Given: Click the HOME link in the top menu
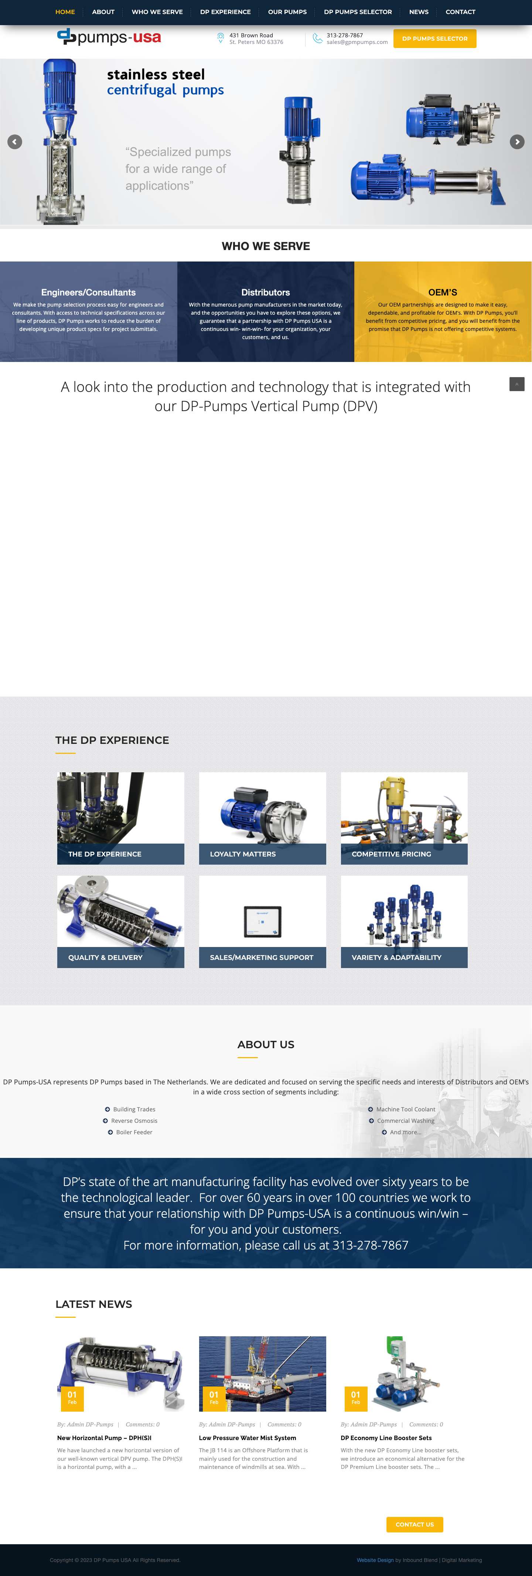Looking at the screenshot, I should pyautogui.click(x=65, y=11).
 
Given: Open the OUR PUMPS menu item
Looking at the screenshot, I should pyautogui.click(x=287, y=11).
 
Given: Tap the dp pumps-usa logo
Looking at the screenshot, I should pyautogui.click(x=109, y=37).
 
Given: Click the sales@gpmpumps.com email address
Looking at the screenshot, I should pyautogui.click(x=357, y=42).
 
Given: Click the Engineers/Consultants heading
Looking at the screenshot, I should pyautogui.click(x=88, y=293).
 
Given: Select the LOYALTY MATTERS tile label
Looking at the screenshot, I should pyautogui.click(x=242, y=854).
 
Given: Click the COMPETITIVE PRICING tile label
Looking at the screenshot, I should pyautogui.click(x=391, y=854).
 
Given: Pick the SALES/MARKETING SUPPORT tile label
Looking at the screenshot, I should pyautogui.click(x=262, y=957).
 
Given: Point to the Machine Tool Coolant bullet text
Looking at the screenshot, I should pyautogui.click(x=405, y=1109).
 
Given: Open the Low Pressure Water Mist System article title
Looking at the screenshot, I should pyautogui.click(x=247, y=1438).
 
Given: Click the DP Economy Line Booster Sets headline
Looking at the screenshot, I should pyautogui.click(x=386, y=1438).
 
